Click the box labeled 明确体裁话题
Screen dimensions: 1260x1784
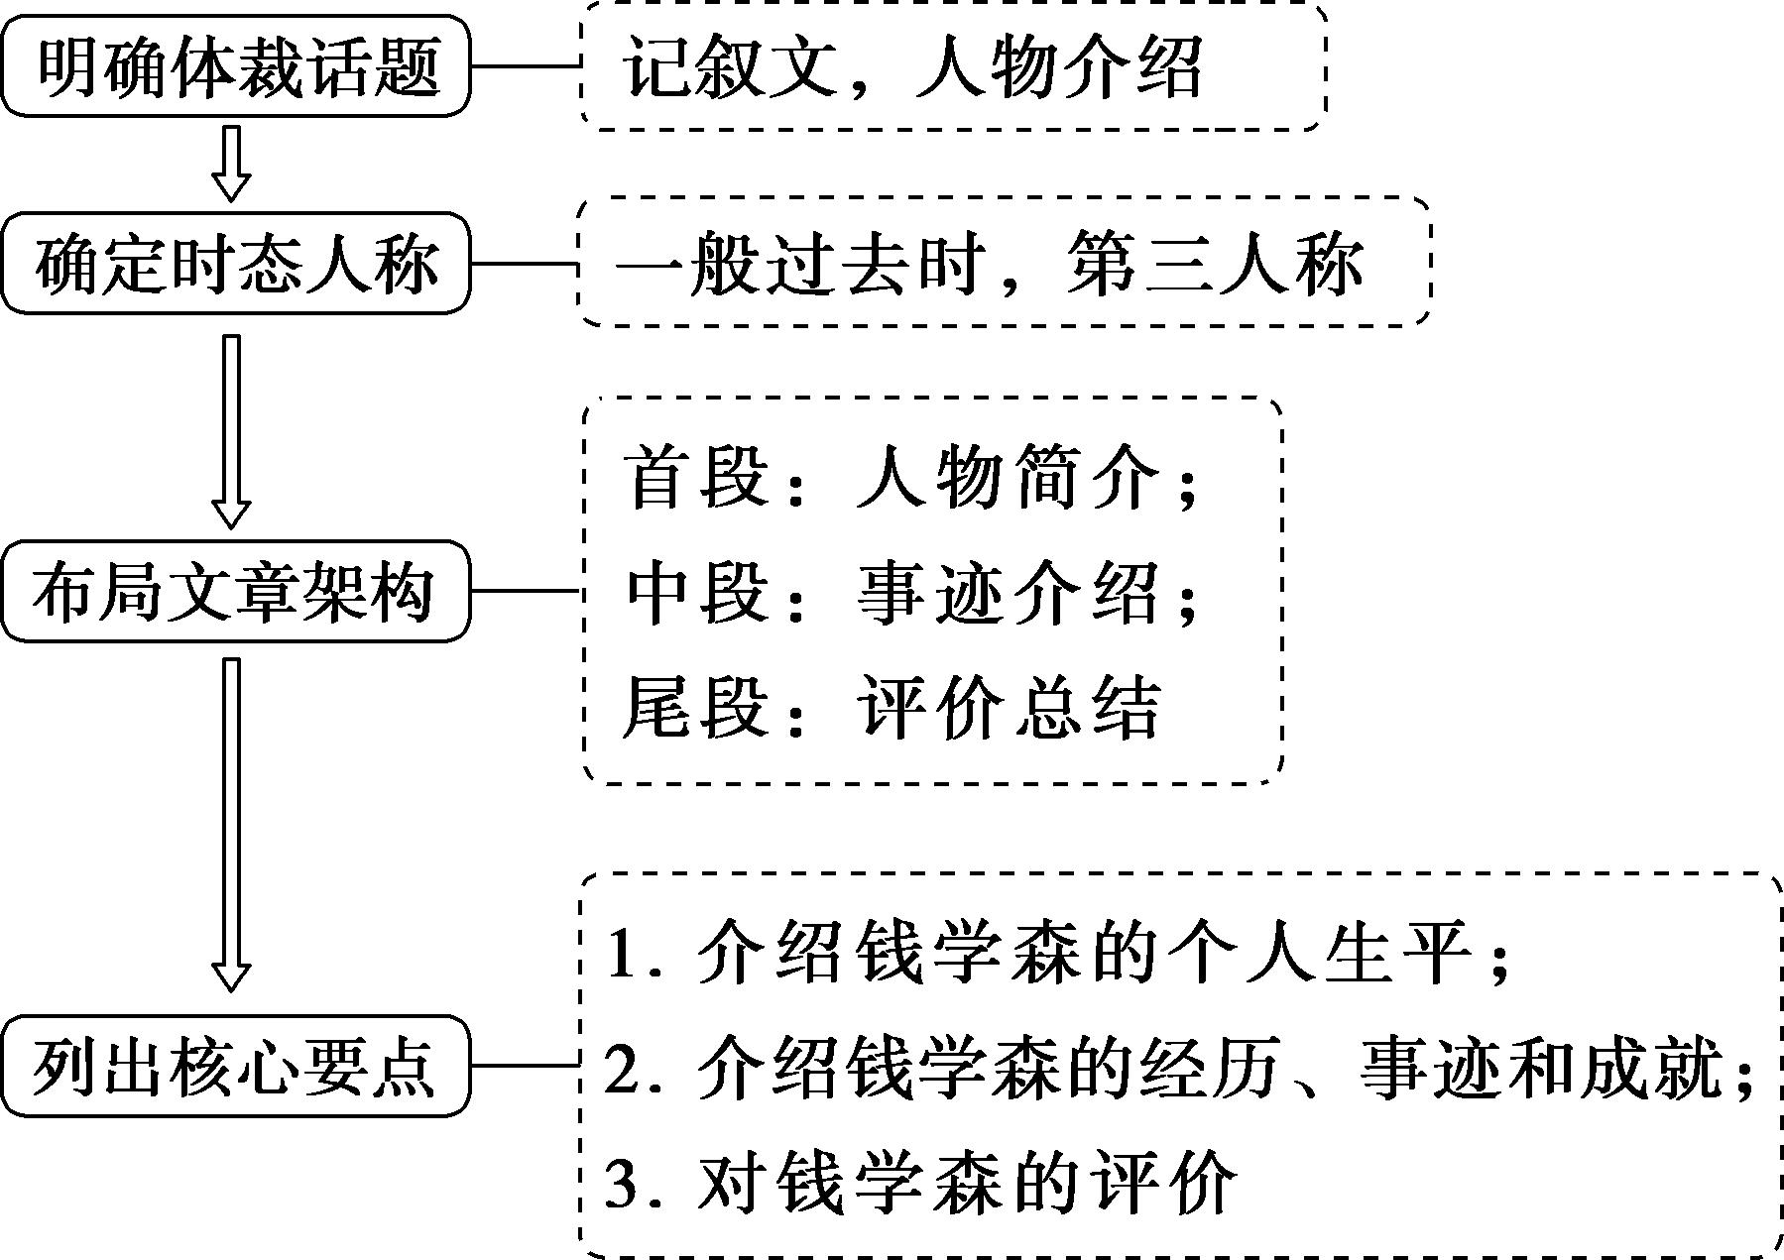pyautogui.click(x=235, y=66)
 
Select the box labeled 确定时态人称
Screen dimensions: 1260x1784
pyautogui.click(x=235, y=265)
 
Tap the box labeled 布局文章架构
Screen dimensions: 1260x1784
pyautogui.click(x=235, y=592)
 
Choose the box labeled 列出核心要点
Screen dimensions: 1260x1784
pyautogui.click(x=235, y=1067)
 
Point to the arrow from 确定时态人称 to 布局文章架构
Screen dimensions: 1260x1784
pyautogui.click(x=231, y=431)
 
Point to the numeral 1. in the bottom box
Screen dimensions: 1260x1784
pyautogui.click(x=627, y=956)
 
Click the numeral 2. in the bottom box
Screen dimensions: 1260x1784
pyautogui.click(x=627, y=1071)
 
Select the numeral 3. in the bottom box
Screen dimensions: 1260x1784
pyautogui.click(x=627, y=1182)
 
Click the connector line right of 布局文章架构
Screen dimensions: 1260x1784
pyautogui.click(x=524, y=592)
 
